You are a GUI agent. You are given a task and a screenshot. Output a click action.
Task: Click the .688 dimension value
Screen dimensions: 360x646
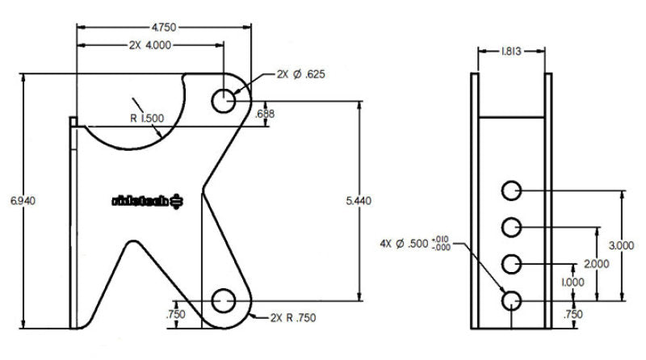(x=265, y=114)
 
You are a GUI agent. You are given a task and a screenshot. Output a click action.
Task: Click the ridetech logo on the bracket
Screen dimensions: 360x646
(x=149, y=199)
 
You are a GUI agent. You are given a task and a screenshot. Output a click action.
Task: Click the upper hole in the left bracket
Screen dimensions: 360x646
(x=224, y=101)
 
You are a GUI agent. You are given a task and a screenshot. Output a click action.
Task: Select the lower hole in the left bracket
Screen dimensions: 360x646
(x=223, y=302)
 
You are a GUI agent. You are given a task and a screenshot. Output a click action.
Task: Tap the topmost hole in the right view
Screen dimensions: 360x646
(x=511, y=190)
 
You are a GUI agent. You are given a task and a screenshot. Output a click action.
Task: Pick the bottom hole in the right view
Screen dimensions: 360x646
(x=511, y=301)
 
